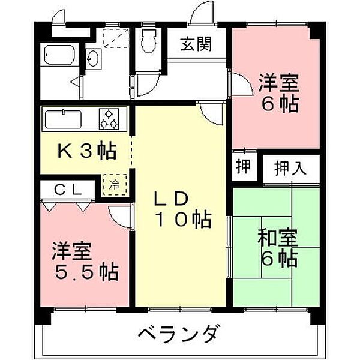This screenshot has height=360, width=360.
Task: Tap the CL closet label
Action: [68, 188]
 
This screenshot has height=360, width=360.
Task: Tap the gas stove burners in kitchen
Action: [109, 118]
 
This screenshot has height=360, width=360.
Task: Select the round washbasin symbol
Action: [94, 59]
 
